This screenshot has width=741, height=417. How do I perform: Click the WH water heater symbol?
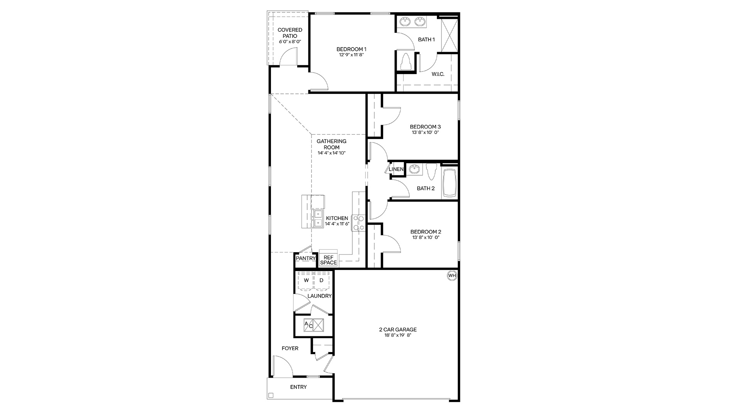(x=452, y=276)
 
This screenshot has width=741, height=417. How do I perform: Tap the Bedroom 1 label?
(x=351, y=49)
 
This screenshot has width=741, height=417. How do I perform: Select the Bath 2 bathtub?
(x=450, y=183)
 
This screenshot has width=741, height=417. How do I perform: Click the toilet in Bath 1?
(x=406, y=61)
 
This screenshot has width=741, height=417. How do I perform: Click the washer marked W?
(x=306, y=281)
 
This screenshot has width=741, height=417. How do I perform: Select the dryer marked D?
(x=321, y=281)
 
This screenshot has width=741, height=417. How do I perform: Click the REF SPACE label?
(x=328, y=260)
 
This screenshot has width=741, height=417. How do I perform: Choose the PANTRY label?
(x=306, y=258)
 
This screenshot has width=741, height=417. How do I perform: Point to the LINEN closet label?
(x=396, y=169)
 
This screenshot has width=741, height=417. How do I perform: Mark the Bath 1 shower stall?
(x=449, y=34)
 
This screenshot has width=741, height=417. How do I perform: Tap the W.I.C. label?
(x=438, y=74)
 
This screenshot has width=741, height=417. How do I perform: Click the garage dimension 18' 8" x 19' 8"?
(x=398, y=335)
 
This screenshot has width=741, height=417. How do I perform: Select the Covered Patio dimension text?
(x=290, y=41)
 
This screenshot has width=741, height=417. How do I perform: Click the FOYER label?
(x=290, y=348)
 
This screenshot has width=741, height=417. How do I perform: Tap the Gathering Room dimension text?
(x=332, y=153)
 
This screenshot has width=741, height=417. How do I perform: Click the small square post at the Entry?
(x=271, y=395)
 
